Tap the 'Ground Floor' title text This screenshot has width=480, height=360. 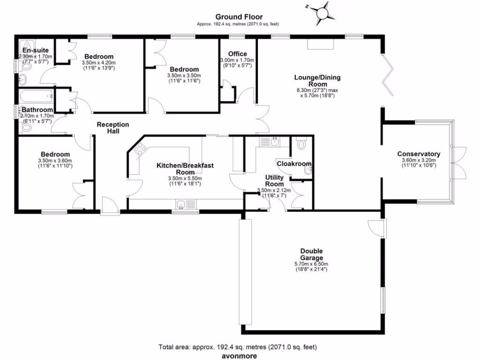coord(240,17)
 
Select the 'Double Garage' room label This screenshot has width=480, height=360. coord(312,255)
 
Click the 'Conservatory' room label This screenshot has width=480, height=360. coord(419,154)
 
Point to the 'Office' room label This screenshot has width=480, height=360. coord(237,54)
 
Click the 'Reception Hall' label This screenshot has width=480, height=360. coord(112,127)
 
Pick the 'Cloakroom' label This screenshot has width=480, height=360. coord(294,164)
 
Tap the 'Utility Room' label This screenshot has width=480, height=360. coord(274,180)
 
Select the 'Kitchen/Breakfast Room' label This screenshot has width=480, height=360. coord(185,169)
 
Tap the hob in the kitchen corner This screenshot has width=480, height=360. coord(139,150)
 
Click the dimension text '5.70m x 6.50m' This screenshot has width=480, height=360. coord(312,264)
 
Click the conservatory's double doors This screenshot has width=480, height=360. coord(461,162)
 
